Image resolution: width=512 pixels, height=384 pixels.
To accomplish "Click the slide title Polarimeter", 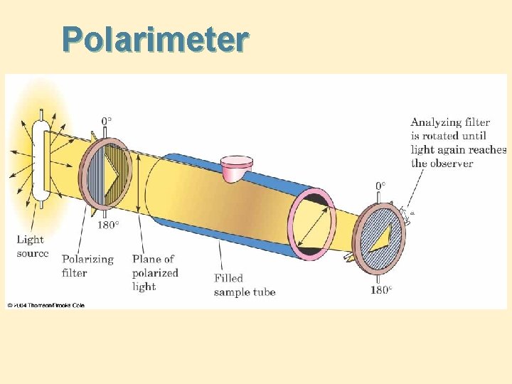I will pos(155,40).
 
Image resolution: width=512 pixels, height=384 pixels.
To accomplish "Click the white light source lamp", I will pos(41,160).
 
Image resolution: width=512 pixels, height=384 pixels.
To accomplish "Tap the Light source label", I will pos(33,246).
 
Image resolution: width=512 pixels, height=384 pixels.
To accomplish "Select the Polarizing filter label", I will pos(87,265).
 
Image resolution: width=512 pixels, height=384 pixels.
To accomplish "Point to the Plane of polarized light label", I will pos(155,272).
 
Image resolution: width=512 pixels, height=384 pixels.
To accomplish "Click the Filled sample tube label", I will pos(244,284).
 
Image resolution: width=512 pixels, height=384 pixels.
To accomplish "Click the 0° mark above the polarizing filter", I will pos(105,122).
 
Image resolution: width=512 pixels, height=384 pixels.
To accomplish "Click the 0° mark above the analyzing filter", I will pos(380,186).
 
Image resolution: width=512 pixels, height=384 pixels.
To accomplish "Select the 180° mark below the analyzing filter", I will pos(380,290).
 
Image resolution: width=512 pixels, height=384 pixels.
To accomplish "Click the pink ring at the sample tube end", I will pos(311,220).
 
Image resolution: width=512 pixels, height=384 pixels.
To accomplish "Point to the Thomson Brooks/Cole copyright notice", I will pos(46,305).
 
